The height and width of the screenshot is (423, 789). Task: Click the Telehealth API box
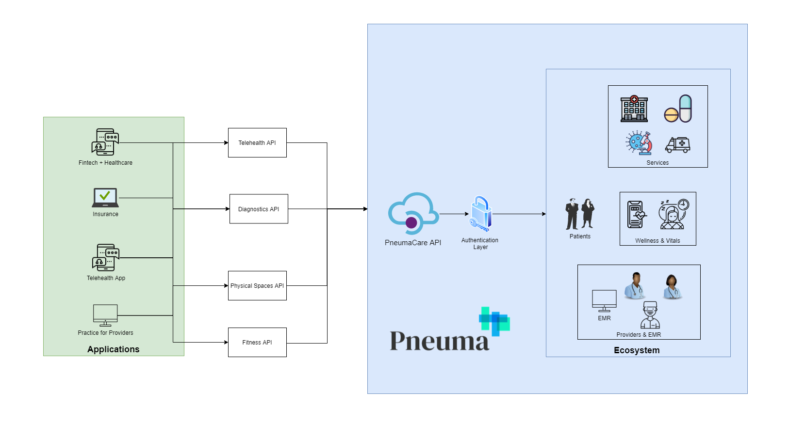[x=257, y=142]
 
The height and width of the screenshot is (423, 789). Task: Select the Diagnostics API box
[x=259, y=209]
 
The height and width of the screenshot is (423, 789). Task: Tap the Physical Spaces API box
[x=257, y=285]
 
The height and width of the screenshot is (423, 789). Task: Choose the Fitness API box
[x=257, y=342]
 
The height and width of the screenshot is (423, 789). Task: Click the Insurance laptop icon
[x=105, y=198]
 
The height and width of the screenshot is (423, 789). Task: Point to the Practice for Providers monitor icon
[x=105, y=315]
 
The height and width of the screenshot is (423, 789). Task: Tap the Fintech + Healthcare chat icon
[x=105, y=142]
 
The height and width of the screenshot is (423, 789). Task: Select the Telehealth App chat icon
[x=106, y=257]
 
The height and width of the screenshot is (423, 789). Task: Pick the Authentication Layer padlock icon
[x=480, y=213]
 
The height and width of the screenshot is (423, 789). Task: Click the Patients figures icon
[x=580, y=214]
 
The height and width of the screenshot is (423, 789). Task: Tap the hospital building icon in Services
[x=634, y=109]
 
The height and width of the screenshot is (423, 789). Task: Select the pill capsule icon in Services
[x=678, y=109]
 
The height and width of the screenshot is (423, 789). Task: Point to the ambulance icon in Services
[x=678, y=144]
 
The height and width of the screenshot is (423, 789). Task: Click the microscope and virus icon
[x=639, y=143]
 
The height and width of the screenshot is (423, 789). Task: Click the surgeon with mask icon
[x=650, y=315]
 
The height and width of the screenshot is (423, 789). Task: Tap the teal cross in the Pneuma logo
[x=494, y=321]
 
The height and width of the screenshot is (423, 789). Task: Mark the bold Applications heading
[x=113, y=349]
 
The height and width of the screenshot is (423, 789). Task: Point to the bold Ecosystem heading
[x=637, y=350]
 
